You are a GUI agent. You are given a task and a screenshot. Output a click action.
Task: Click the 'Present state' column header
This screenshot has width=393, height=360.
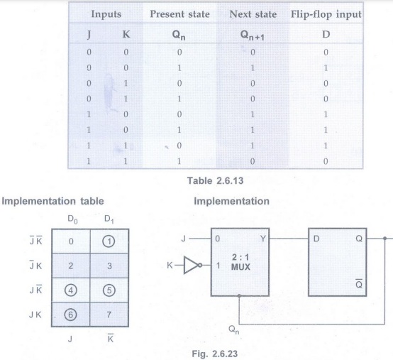(179, 14)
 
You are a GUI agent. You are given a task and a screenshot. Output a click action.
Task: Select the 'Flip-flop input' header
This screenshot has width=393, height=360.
(326, 14)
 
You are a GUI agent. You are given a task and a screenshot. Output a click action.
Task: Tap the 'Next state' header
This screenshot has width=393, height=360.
(253, 14)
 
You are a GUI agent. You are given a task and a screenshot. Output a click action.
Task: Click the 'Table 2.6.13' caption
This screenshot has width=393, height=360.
(215, 180)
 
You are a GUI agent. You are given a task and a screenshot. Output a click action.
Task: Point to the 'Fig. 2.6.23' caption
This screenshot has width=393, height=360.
(215, 354)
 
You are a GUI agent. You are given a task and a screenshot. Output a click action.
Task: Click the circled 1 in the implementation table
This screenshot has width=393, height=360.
(109, 241)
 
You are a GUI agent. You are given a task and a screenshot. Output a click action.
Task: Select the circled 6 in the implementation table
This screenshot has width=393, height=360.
(70, 315)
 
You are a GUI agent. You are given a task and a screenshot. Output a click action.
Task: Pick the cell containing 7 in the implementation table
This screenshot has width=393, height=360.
(109, 315)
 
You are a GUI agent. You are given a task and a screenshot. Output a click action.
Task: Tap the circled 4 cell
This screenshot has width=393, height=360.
(71, 290)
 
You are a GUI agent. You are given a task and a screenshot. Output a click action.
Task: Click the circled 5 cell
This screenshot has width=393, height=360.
(109, 290)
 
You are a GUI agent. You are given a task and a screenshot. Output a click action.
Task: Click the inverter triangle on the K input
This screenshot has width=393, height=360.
(192, 265)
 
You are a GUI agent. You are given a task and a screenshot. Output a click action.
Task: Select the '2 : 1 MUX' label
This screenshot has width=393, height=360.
(240, 262)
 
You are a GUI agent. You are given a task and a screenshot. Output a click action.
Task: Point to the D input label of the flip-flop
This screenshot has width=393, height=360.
(316, 239)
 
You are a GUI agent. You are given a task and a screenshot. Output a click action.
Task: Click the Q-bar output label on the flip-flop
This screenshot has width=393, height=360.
(359, 283)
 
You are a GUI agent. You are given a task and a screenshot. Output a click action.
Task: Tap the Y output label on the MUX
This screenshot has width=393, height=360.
(263, 239)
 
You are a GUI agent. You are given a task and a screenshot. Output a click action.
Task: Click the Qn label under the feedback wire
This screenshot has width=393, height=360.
(234, 329)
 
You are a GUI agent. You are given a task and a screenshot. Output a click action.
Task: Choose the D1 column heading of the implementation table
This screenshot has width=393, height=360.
(109, 219)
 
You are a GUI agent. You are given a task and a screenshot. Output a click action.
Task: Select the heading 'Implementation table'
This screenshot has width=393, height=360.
(52, 201)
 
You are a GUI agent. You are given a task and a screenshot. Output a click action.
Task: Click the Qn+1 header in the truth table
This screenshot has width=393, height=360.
(252, 35)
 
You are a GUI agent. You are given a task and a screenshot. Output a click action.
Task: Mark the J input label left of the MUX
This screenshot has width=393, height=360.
(184, 239)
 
